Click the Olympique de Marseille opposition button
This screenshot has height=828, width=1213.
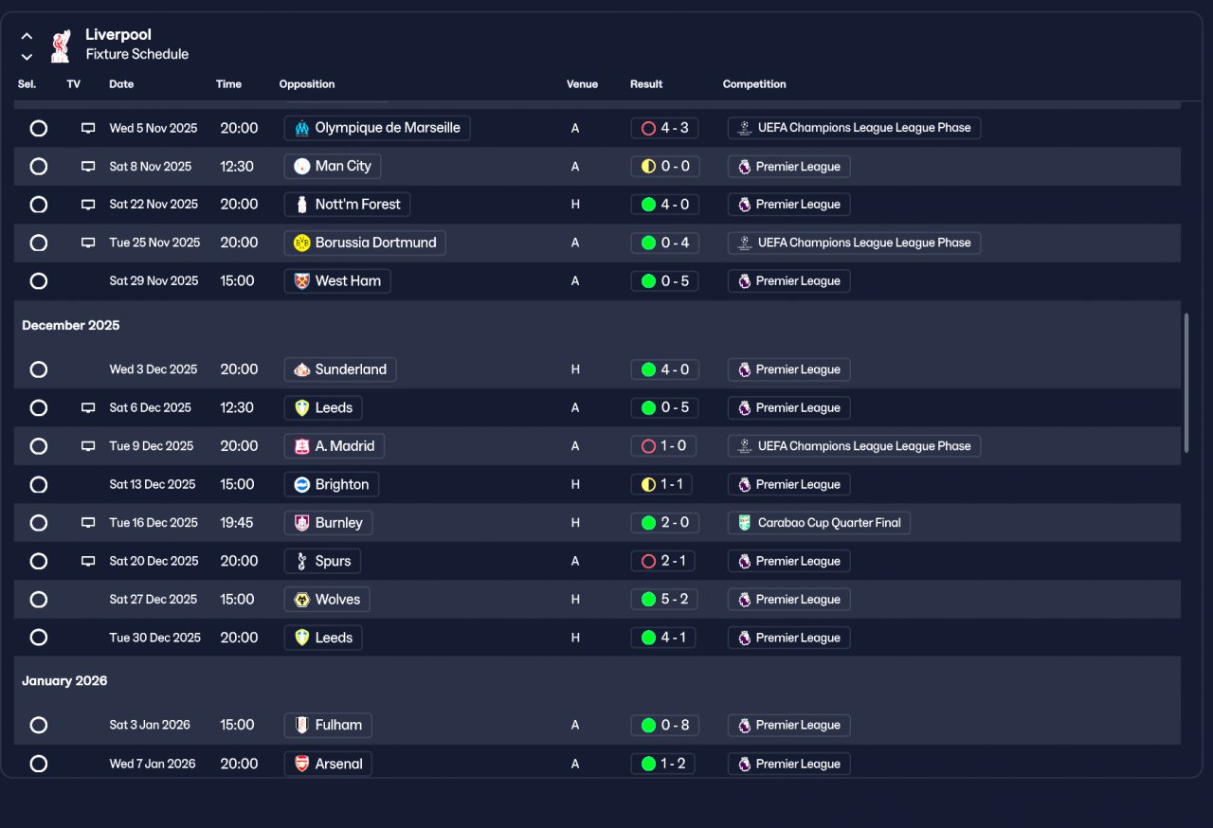coord(377,128)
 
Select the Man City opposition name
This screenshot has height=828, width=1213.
coord(333,167)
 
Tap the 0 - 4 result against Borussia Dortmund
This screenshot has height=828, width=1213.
coord(664,243)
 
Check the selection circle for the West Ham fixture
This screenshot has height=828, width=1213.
coord(39,281)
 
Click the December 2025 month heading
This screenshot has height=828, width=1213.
coord(71,325)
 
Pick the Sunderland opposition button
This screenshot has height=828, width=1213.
coord(340,369)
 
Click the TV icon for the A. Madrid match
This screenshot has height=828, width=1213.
coord(88,446)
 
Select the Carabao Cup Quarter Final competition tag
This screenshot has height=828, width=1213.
coord(819,523)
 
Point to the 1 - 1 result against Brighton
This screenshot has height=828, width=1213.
coord(661,484)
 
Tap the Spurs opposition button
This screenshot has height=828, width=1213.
coord(322,561)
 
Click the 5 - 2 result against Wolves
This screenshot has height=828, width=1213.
coord(663,600)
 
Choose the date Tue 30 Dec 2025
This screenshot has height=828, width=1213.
coord(154,638)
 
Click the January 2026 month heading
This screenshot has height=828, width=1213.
coord(64,681)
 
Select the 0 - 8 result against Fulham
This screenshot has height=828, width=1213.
coord(664,726)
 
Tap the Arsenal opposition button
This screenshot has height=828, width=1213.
coord(328,764)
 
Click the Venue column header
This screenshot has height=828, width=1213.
coord(582,84)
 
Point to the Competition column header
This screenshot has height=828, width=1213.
coord(754,84)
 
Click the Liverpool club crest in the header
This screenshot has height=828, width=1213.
coord(61,45)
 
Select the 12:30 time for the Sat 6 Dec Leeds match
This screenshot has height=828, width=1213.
coord(237,408)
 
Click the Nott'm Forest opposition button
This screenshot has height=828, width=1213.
coord(347,205)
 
